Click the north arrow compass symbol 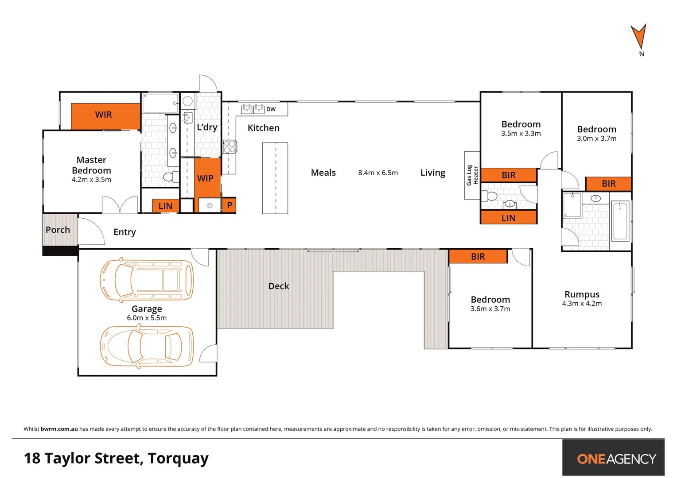pyautogui.click(x=638, y=37)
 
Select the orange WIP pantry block pyautogui.click(x=207, y=177)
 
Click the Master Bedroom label pyautogui.click(x=91, y=165)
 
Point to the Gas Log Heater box pyautogui.click(x=472, y=175)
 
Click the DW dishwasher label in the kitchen pyautogui.click(x=271, y=109)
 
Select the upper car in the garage pyautogui.click(x=147, y=281)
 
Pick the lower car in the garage pyautogui.click(x=147, y=346)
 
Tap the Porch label pyautogui.click(x=58, y=230)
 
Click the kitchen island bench pyautogui.click(x=275, y=178)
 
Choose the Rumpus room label pyautogui.click(x=582, y=294)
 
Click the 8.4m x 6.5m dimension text pyautogui.click(x=378, y=173)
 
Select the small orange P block pyautogui.click(x=229, y=205)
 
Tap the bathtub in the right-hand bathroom pyautogui.click(x=620, y=220)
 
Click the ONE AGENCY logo pyautogui.click(x=616, y=459)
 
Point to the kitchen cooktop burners pyautogui.click(x=229, y=146)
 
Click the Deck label pyautogui.click(x=278, y=286)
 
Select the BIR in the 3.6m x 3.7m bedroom pyautogui.click(x=478, y=257)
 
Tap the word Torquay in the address pyautogui.click(x=178, y=459)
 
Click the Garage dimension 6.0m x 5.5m pyautogui.click(x=147, y=318)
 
